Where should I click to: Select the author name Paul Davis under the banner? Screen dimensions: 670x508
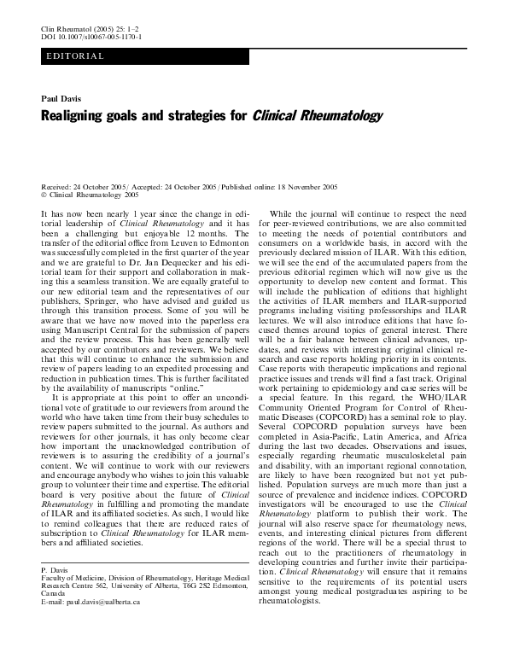click(x=61, y=99)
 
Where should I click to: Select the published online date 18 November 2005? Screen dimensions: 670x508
click(x=303, y=186)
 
